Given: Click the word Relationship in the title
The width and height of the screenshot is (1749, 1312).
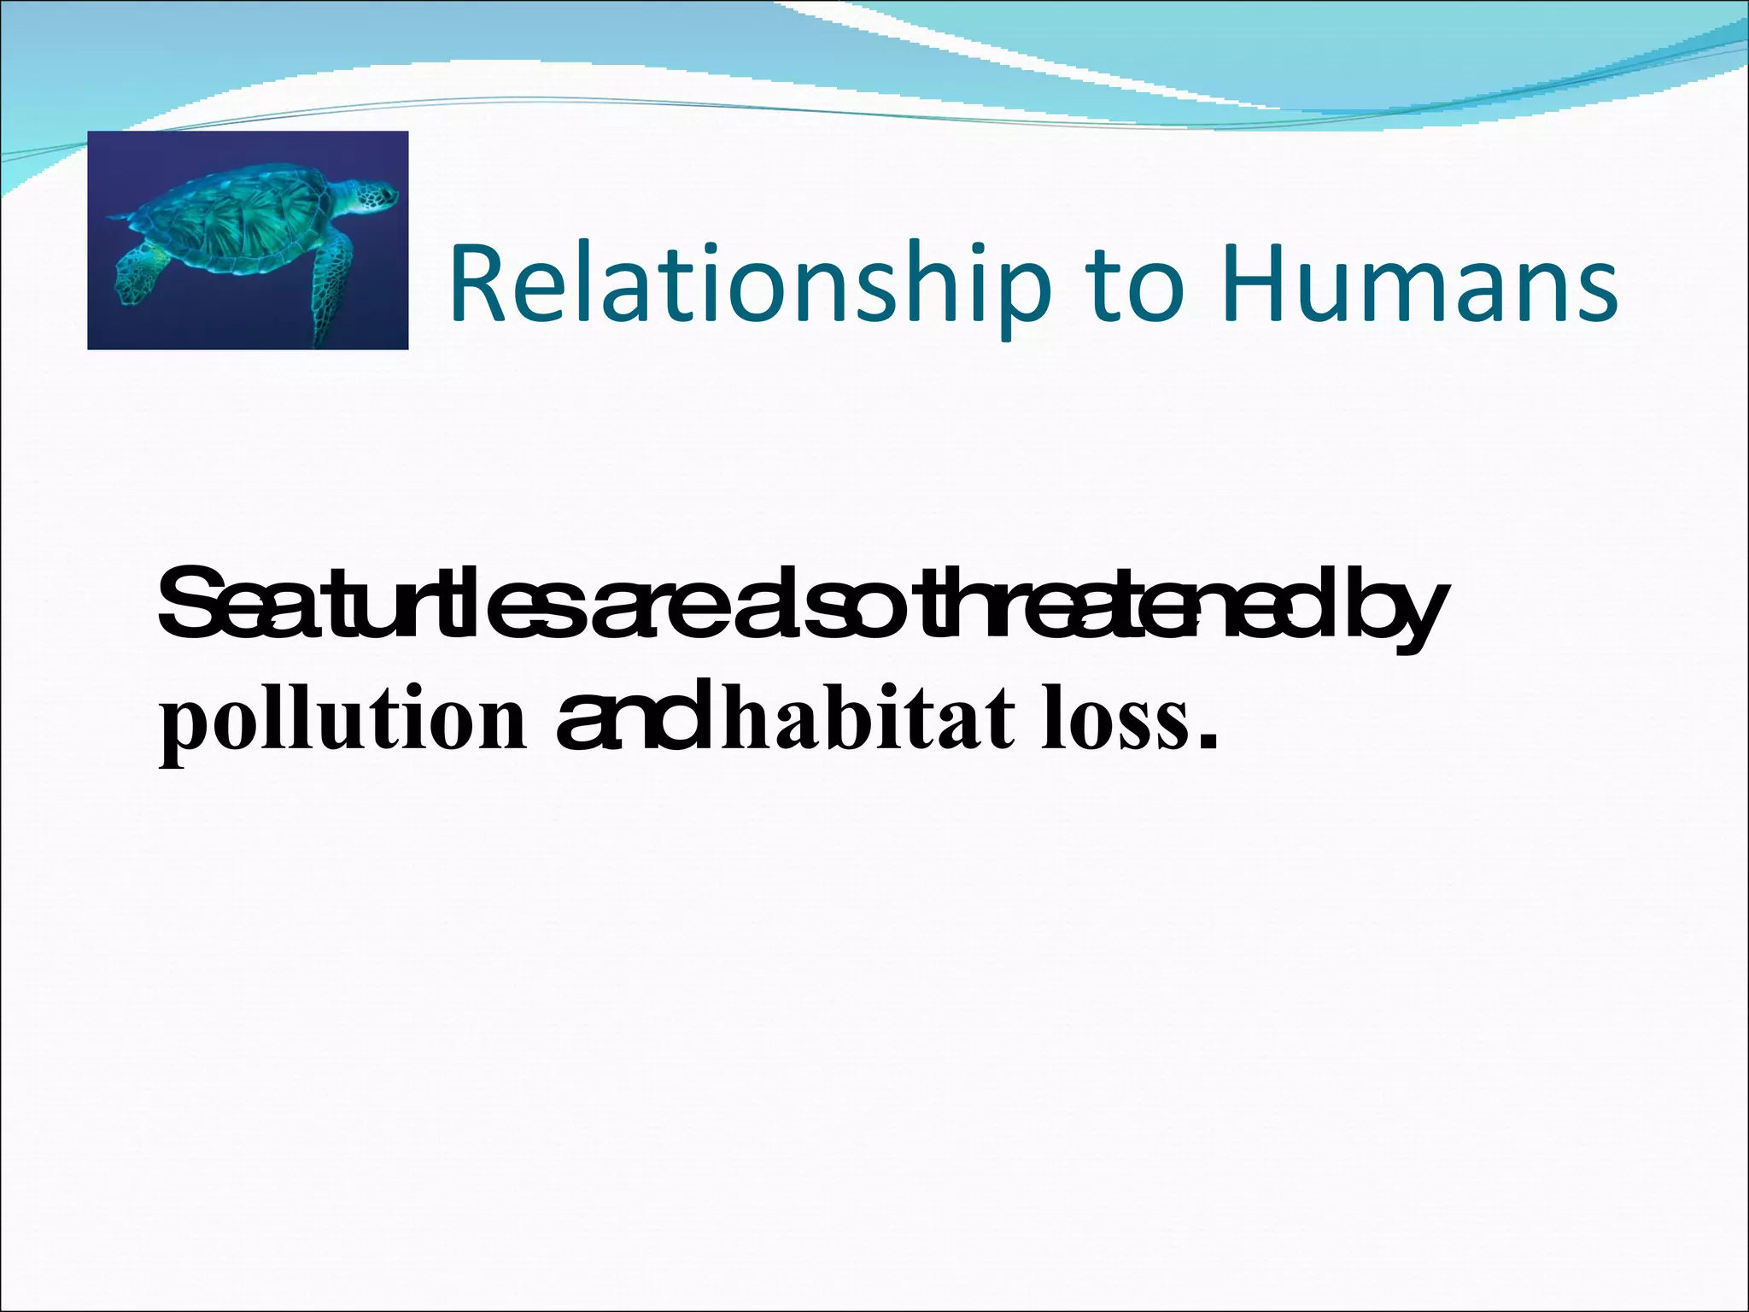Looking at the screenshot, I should (x=743, y=285).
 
